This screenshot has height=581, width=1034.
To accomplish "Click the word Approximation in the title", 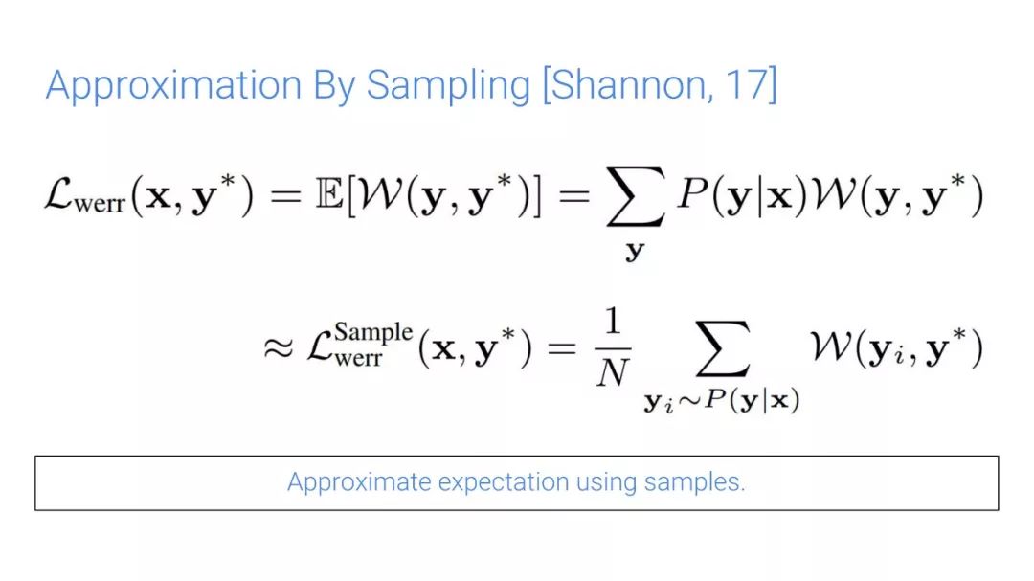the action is point(173,86).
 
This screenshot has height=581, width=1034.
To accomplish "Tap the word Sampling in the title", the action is point(448,86).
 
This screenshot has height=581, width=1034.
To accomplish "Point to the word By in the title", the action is point(334,86).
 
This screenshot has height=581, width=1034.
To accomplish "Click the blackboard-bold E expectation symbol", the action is point(329,195).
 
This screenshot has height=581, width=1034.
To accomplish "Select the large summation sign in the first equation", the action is point(635,196).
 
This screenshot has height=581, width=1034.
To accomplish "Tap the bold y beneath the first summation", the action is point(635,251).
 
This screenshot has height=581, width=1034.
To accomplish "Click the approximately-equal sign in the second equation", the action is point(279,347).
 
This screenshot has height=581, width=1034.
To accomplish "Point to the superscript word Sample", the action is point(373,333).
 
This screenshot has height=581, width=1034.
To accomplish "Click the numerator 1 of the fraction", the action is point(614,322).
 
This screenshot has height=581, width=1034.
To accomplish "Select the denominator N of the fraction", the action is point(613,372).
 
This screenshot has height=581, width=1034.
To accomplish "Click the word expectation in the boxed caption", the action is point(504,482).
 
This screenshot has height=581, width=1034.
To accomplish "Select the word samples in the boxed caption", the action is point(694,482).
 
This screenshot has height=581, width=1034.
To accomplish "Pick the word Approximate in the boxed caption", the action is point(359,482).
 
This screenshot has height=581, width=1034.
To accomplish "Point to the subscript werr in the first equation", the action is point(100,203).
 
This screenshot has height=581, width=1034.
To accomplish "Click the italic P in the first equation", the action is point(692,195).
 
